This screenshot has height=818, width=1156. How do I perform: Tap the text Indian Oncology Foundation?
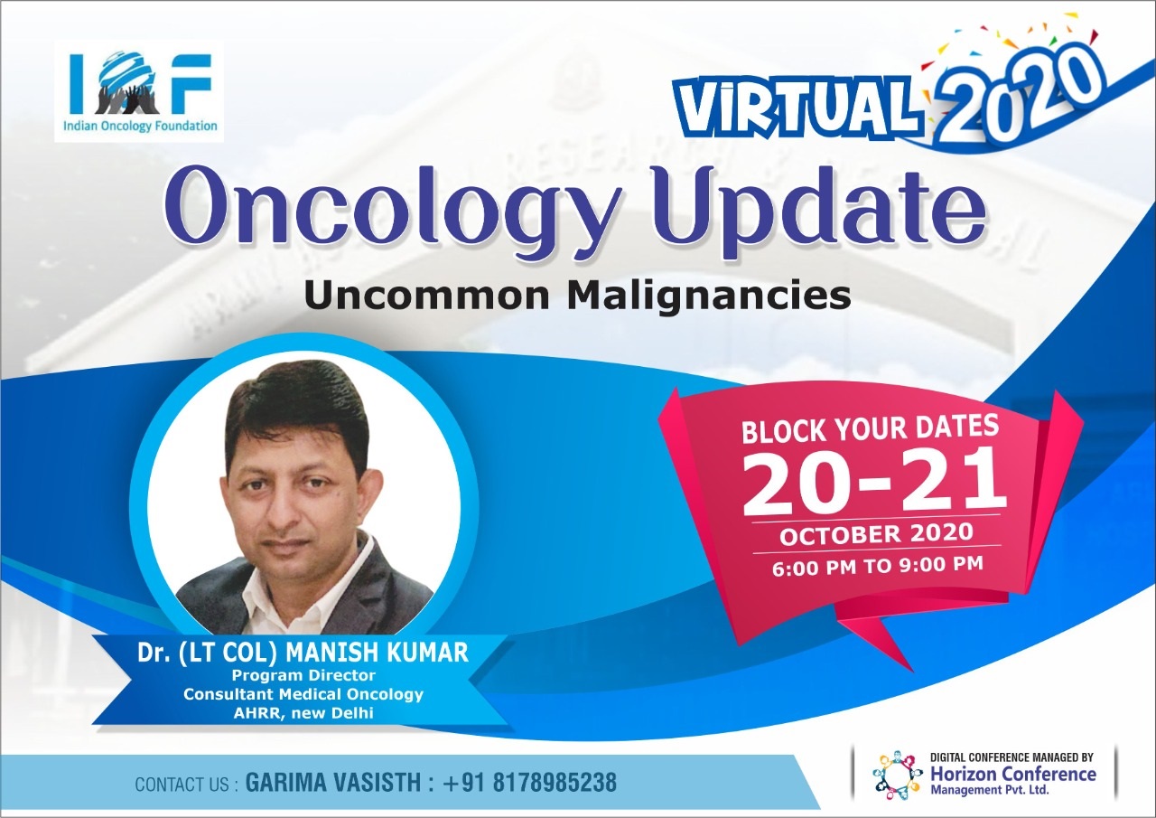pyautogui.click(x=140, y=127)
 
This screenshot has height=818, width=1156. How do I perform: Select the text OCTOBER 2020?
pyautogui.click(x=876, y=534)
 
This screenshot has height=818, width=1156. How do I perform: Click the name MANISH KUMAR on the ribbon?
pyautogui.click(x=377, y=652)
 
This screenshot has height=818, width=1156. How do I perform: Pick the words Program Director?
pyautogui.click(x=303, y=675)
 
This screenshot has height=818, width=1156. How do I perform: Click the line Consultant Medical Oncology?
pyautogui.click(x=303, y=694)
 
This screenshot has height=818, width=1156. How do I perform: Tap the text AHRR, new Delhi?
pyautogui.click(x=303, y=713)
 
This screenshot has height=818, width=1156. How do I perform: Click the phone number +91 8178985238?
pyautogui.click(x=530, y=783)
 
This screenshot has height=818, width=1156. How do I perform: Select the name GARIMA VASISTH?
pyautogui.click(x=333, y=783)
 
